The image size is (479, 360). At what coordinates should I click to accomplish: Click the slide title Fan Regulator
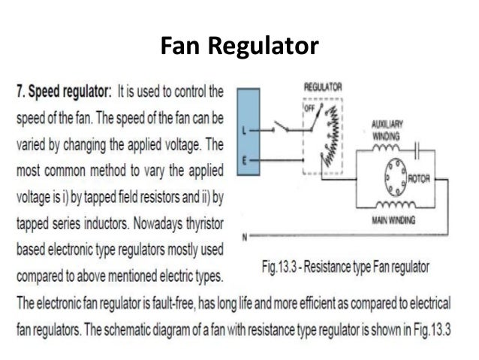(239, 47)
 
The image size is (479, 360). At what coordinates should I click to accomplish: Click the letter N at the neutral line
(244, 238)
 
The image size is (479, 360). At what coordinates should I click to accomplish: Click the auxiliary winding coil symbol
(383, 148)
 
